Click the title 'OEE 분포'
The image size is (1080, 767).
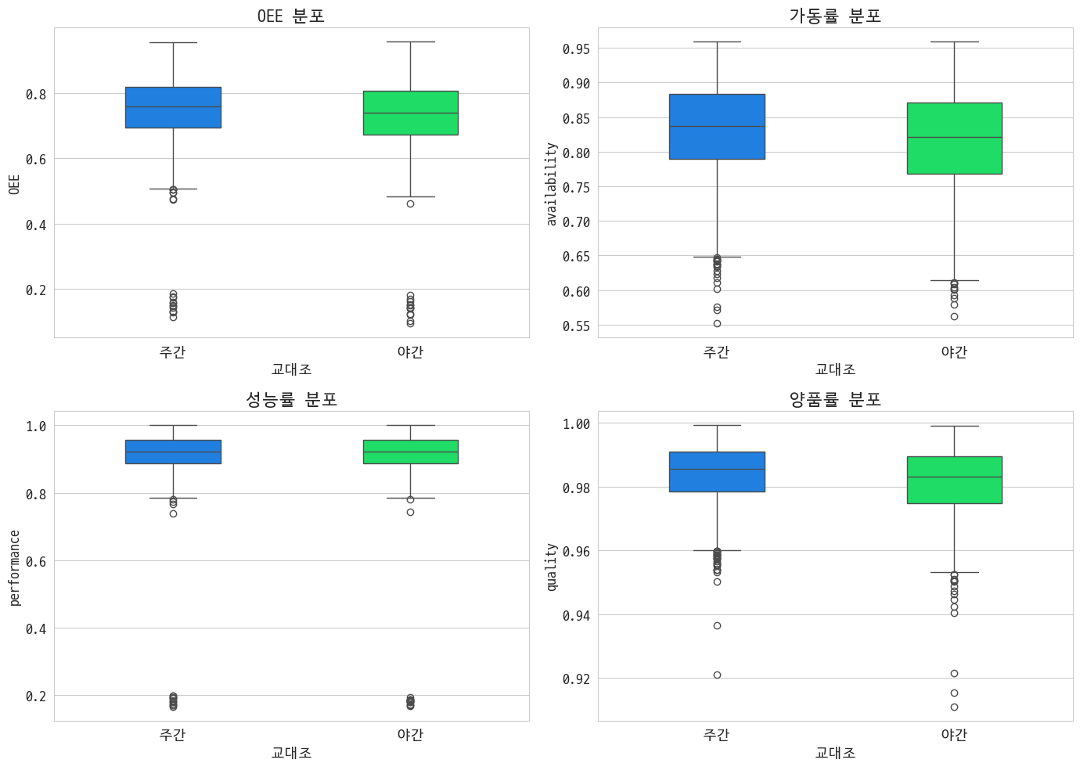point(291,16)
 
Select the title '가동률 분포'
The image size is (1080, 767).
point(835,16)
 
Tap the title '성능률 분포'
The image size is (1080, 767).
point(291,399)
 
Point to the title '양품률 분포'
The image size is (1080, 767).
point(835,399)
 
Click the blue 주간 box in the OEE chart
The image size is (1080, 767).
point(173,107)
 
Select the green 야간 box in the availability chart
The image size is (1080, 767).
point(954,139)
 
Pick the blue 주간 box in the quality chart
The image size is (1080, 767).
point(717,472)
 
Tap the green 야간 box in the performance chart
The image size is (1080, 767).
point(410,452)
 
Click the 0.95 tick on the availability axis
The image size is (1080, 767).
point(576,49)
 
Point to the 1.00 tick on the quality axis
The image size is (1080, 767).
point(576,424)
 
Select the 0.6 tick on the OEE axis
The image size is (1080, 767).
point(36,160)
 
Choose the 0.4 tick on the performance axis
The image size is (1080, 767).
point(36,629)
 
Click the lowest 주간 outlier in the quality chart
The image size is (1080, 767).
point(717,675)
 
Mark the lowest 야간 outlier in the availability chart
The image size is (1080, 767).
point(954,316)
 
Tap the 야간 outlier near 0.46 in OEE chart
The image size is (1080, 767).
point(410,203)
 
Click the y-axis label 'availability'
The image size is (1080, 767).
point(552,184)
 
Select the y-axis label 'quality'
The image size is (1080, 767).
point(552,567)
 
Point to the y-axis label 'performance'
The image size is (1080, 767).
point(14,567)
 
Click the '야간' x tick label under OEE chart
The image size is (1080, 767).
point(410,352)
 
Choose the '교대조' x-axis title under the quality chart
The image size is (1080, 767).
point(835,753)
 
